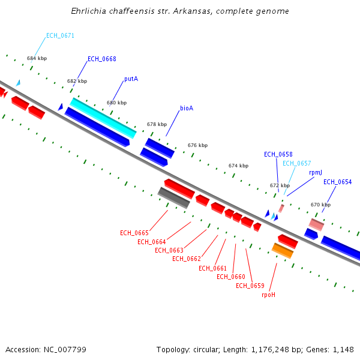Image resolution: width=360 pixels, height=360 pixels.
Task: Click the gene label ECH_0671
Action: click(60, 35)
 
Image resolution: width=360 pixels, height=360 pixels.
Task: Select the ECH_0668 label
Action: click(102, 59)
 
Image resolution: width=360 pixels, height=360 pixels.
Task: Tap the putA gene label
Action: click(131, 79)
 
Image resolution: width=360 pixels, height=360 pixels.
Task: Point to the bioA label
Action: click(187, 109)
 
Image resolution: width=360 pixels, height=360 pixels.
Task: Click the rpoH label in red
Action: click(268, 295)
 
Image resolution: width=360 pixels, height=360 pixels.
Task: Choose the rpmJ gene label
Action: click(316, 172)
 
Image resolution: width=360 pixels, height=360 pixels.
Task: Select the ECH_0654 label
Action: click(338, 182)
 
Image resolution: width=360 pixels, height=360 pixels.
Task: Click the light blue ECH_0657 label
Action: click(296, 163)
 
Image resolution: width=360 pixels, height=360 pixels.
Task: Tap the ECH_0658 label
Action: click(278, 154)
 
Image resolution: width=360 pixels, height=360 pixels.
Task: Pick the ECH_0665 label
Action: click(134, 233)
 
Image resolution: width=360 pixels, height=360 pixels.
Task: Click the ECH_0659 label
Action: click(250, 286)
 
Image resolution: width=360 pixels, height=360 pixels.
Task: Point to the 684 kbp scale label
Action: click(37, 58)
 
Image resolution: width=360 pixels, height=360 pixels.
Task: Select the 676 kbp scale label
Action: click(197, 145)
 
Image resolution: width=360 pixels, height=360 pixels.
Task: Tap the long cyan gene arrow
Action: click(103, 117)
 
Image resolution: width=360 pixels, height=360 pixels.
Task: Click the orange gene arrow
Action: click(283, 250)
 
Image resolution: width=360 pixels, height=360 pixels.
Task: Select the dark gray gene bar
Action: click(174, 197)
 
